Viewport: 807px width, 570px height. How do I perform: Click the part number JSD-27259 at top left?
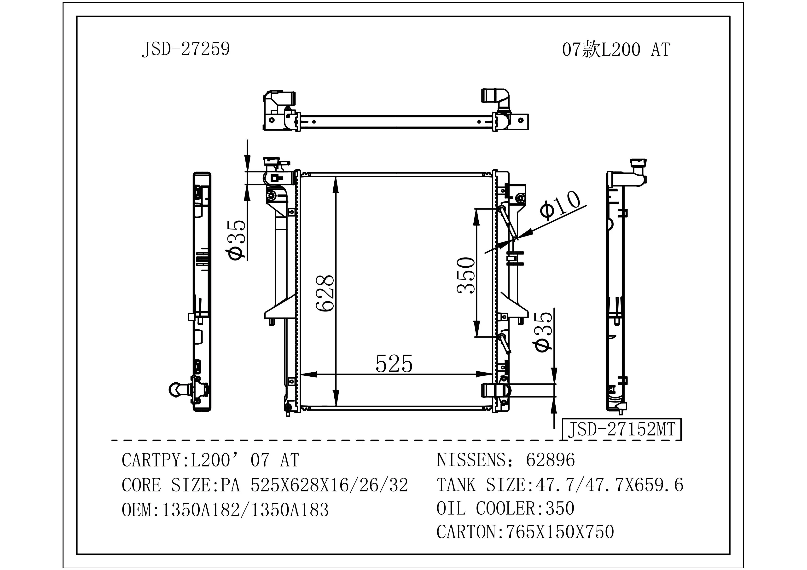coord(186,49)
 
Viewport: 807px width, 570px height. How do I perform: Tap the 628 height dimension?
coord(325,293)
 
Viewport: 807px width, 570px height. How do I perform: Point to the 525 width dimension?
coord(394,364)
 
